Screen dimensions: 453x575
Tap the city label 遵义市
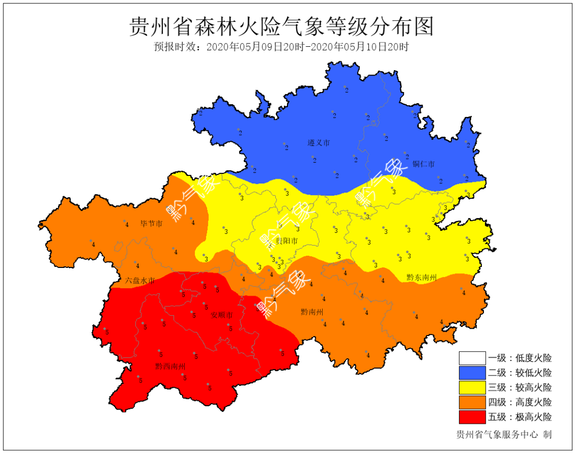(318, 143)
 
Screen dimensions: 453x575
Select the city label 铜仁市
(423, 164)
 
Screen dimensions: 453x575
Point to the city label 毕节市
(151, 223)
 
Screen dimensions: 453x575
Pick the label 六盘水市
(140, 280)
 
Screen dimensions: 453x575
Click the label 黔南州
(312, 312)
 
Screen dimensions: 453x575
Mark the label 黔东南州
(422, 278)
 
